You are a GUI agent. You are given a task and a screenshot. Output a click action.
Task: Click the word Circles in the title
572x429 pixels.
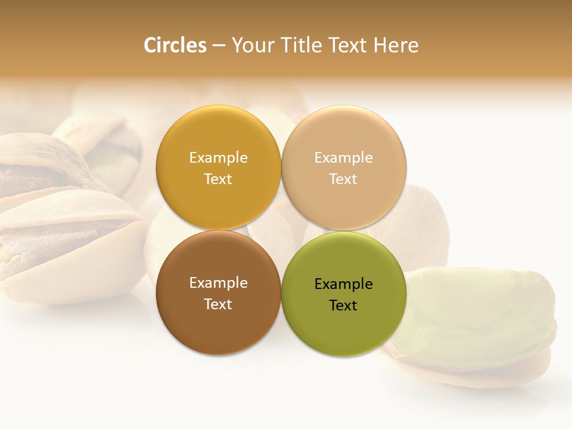point(175,45)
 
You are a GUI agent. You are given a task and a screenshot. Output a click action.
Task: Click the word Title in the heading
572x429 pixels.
point(303,45)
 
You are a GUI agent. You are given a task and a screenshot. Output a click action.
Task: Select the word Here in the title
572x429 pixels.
point(396,45)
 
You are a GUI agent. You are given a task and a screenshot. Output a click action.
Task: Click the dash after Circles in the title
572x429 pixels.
point(219,46)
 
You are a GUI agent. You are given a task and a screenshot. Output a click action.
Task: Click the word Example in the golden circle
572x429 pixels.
point(218,158)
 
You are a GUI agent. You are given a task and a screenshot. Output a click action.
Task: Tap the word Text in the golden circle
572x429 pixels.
point(218,179)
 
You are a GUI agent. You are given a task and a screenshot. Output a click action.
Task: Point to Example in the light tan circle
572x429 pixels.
point(344,158)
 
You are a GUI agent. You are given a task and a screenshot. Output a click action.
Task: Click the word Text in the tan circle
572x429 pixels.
point(344,179)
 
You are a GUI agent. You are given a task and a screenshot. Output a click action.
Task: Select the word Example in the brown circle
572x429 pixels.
point(218,283)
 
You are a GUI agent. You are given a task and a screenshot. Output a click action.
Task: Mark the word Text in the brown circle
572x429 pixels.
point(218,304)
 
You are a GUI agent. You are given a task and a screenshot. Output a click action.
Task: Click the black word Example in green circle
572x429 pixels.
point(344,284)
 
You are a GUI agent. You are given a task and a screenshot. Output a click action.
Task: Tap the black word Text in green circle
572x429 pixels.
point(344,306)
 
